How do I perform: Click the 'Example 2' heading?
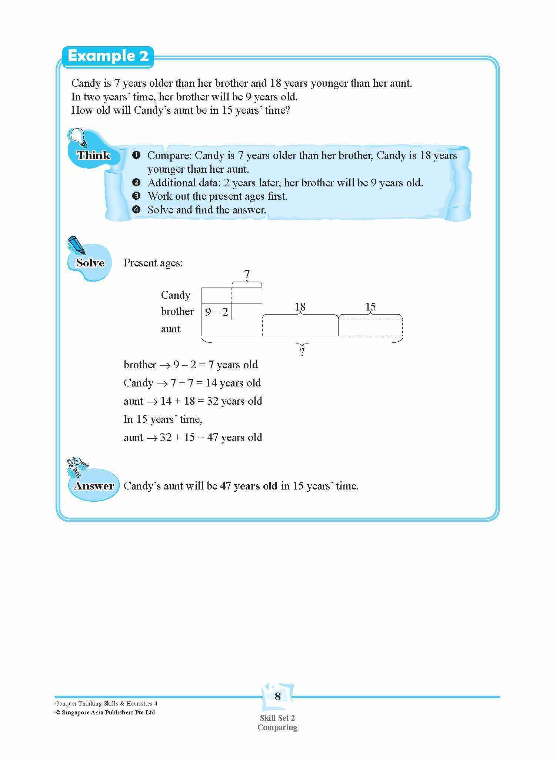coord(108,56)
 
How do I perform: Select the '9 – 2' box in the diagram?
coord(217,312)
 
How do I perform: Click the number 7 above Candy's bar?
coord(247,274)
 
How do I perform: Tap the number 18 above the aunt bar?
coord(300,307)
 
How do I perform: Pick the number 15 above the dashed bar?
coord(370,307)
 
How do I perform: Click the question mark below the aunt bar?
coord(302,352)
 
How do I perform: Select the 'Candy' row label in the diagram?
coord(176,295)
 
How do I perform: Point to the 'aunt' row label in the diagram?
coord(171,329)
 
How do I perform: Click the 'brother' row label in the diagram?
coord(177,311)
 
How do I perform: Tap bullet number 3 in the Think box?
coord(136,196)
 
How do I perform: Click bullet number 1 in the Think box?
coord(136,155)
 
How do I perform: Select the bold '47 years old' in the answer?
coord(249,486)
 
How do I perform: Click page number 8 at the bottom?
coord(278,697)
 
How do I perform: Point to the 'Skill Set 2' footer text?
coord(277,718)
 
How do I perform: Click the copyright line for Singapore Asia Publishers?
coord(105,712)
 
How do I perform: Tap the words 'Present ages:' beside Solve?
coord(153,263)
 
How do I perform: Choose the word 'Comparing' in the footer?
coord(277,727)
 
